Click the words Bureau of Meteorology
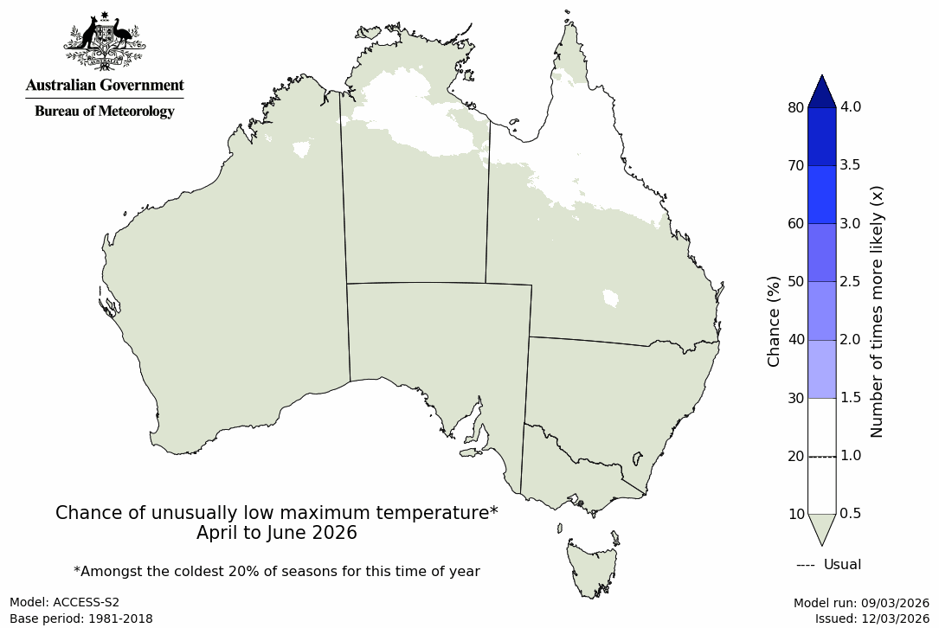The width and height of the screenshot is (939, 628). (x=104, y=112)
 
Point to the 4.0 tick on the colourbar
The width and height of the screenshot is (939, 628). (x=851, y=107)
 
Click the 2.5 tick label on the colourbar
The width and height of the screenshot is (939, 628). (x=851, y=281)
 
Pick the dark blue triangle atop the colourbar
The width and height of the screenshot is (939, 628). (x=822, y=91)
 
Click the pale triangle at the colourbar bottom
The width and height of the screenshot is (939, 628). (x=822, y=528)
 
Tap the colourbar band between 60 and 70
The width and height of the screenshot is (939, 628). (x=822, y=195)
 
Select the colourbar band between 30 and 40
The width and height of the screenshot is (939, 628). (x=822, y=369)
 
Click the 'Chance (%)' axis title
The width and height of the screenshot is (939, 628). (x=775, y=321)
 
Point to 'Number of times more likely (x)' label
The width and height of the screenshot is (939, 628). (x=877, y=311)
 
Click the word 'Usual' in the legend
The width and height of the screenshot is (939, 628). (x=842, y=565)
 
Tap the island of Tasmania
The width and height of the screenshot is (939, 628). (x=591, y=567)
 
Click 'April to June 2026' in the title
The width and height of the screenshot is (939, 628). (x=277, y=533)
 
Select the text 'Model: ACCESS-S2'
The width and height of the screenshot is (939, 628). (x=64, y=602)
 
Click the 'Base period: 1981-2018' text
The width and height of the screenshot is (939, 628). (x=81, y=618)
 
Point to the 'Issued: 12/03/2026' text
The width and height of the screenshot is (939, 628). (x=871, y=618)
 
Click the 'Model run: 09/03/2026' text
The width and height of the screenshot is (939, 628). (x=861, y=603)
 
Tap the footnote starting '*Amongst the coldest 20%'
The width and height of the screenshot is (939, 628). (x=277, y=571)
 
